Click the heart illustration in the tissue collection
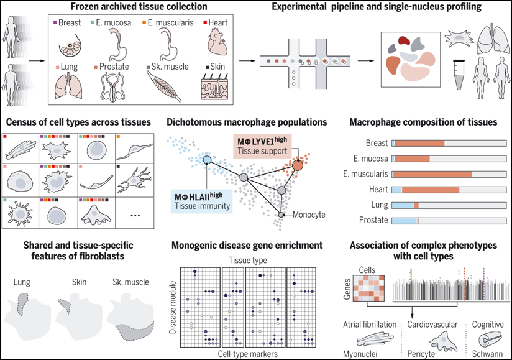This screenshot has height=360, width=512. [217, 42]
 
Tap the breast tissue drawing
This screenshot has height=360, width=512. [70, 45]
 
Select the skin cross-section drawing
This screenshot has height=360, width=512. [214, 86]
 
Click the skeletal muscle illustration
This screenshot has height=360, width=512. [163, 86]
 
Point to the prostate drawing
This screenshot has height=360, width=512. [112, 86]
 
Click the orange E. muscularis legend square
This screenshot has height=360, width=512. [144, 22]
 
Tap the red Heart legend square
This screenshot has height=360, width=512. [205, 22]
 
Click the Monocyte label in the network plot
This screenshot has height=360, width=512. [309, 215]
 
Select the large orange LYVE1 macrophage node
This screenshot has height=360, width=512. [298, 165]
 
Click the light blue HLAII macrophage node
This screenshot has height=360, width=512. [207, 160]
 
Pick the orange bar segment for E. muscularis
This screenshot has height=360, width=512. [432, 174]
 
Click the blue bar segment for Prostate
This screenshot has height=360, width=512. [405, 221]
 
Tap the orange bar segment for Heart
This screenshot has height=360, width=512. [431, 190]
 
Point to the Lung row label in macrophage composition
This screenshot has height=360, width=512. [380, 205]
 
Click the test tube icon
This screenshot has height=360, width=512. [459, 75]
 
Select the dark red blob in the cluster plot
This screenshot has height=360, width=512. [404, 40]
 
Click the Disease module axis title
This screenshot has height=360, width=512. [173, 307]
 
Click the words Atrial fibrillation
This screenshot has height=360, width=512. [370, 325]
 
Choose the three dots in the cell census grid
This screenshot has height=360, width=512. [135, 215]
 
